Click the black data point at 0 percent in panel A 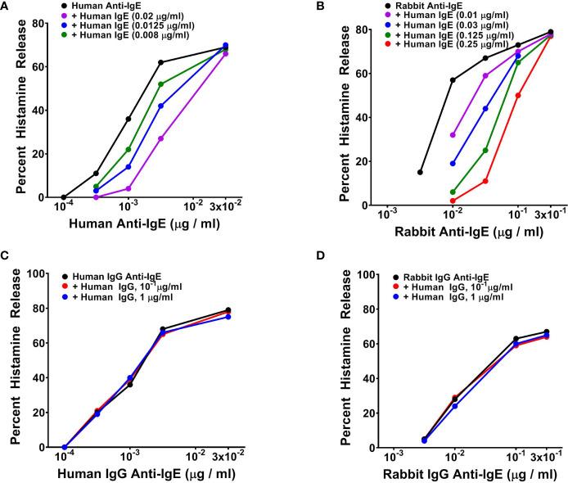coord(65,197)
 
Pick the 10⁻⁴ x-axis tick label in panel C coord(65,457)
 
